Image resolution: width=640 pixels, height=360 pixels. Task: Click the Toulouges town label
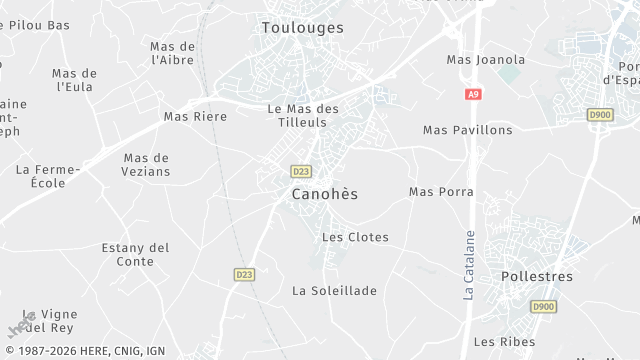pos(302,28)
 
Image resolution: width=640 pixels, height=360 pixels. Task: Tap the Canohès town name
pos(324,193)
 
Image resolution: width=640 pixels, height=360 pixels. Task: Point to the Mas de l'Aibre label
pos(172,53)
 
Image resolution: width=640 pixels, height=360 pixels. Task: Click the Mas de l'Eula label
pos(75,80)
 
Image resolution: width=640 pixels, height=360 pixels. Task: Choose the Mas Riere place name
pos(195,117)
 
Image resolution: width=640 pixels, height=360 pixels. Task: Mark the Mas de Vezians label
pos(147,164)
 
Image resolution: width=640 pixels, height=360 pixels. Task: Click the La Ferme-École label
pos(41,176)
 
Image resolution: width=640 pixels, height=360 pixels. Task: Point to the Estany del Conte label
pos(136,254)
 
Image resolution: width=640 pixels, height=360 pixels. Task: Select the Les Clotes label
pos(355,237)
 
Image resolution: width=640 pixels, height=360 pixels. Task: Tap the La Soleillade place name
pos(334,291)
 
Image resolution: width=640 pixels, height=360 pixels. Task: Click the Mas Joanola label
pos(486,59)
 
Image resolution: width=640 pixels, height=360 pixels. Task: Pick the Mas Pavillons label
pos(467,130)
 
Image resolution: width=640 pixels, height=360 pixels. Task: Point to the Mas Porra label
pos(438,191)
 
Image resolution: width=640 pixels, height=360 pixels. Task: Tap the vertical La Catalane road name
pos(468,265)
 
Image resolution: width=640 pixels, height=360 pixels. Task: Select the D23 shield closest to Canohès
pos(301,171)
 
